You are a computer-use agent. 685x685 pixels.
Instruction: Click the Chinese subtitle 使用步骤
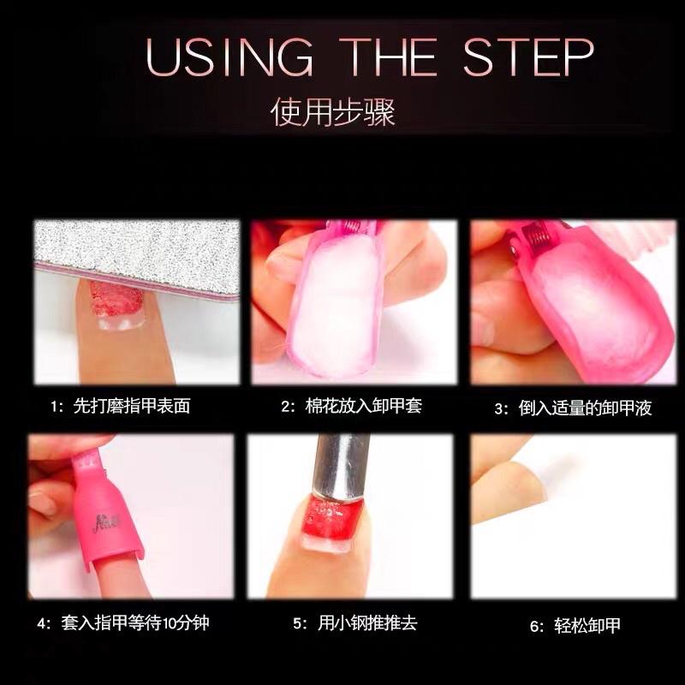pos(333,113)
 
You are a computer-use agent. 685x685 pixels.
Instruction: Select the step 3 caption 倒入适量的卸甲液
pos(573,408)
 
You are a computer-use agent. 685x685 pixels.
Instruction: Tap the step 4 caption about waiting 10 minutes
pos(123,622)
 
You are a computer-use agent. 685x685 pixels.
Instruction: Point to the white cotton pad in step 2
pos(330,308)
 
